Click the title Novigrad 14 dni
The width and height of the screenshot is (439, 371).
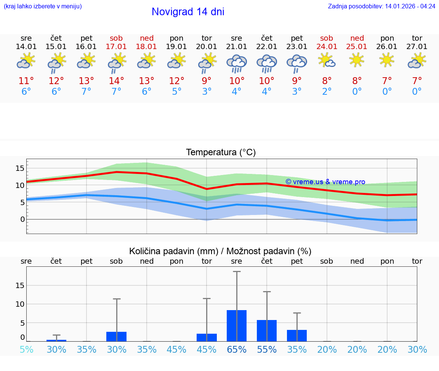(188, 12)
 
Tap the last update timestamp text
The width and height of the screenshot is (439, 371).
(381, 6)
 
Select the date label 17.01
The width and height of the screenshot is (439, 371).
(116, 47)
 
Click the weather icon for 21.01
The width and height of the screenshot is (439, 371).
(237, 63)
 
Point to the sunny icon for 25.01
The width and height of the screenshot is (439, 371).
(357, 60)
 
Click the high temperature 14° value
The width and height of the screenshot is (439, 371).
(116, 81)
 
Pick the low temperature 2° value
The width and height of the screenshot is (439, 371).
(327, 92)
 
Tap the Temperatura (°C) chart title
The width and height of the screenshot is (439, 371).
(221, 153)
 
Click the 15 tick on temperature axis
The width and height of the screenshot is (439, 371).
(20, 168)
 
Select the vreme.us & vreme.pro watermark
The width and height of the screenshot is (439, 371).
(325, 182)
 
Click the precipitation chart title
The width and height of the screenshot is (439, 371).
(220, 251)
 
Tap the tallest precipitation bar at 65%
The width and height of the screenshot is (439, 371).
(237, 326)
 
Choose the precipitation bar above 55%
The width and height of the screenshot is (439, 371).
(267, 331)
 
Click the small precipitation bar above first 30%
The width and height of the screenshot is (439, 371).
(56, 340)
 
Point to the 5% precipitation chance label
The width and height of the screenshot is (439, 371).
(26, 349)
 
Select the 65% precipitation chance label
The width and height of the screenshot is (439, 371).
(237, 349)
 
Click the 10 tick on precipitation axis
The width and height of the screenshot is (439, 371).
(20, 304)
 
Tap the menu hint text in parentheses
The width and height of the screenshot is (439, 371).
(43, 6)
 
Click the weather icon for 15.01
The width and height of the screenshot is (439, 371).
(56, 63)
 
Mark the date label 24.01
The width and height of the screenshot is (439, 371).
(327, 47)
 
